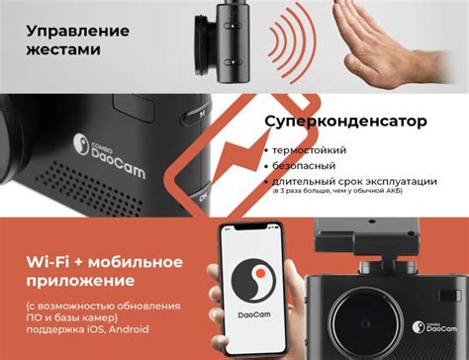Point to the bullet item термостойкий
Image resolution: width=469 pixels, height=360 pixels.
pos(313,149)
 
